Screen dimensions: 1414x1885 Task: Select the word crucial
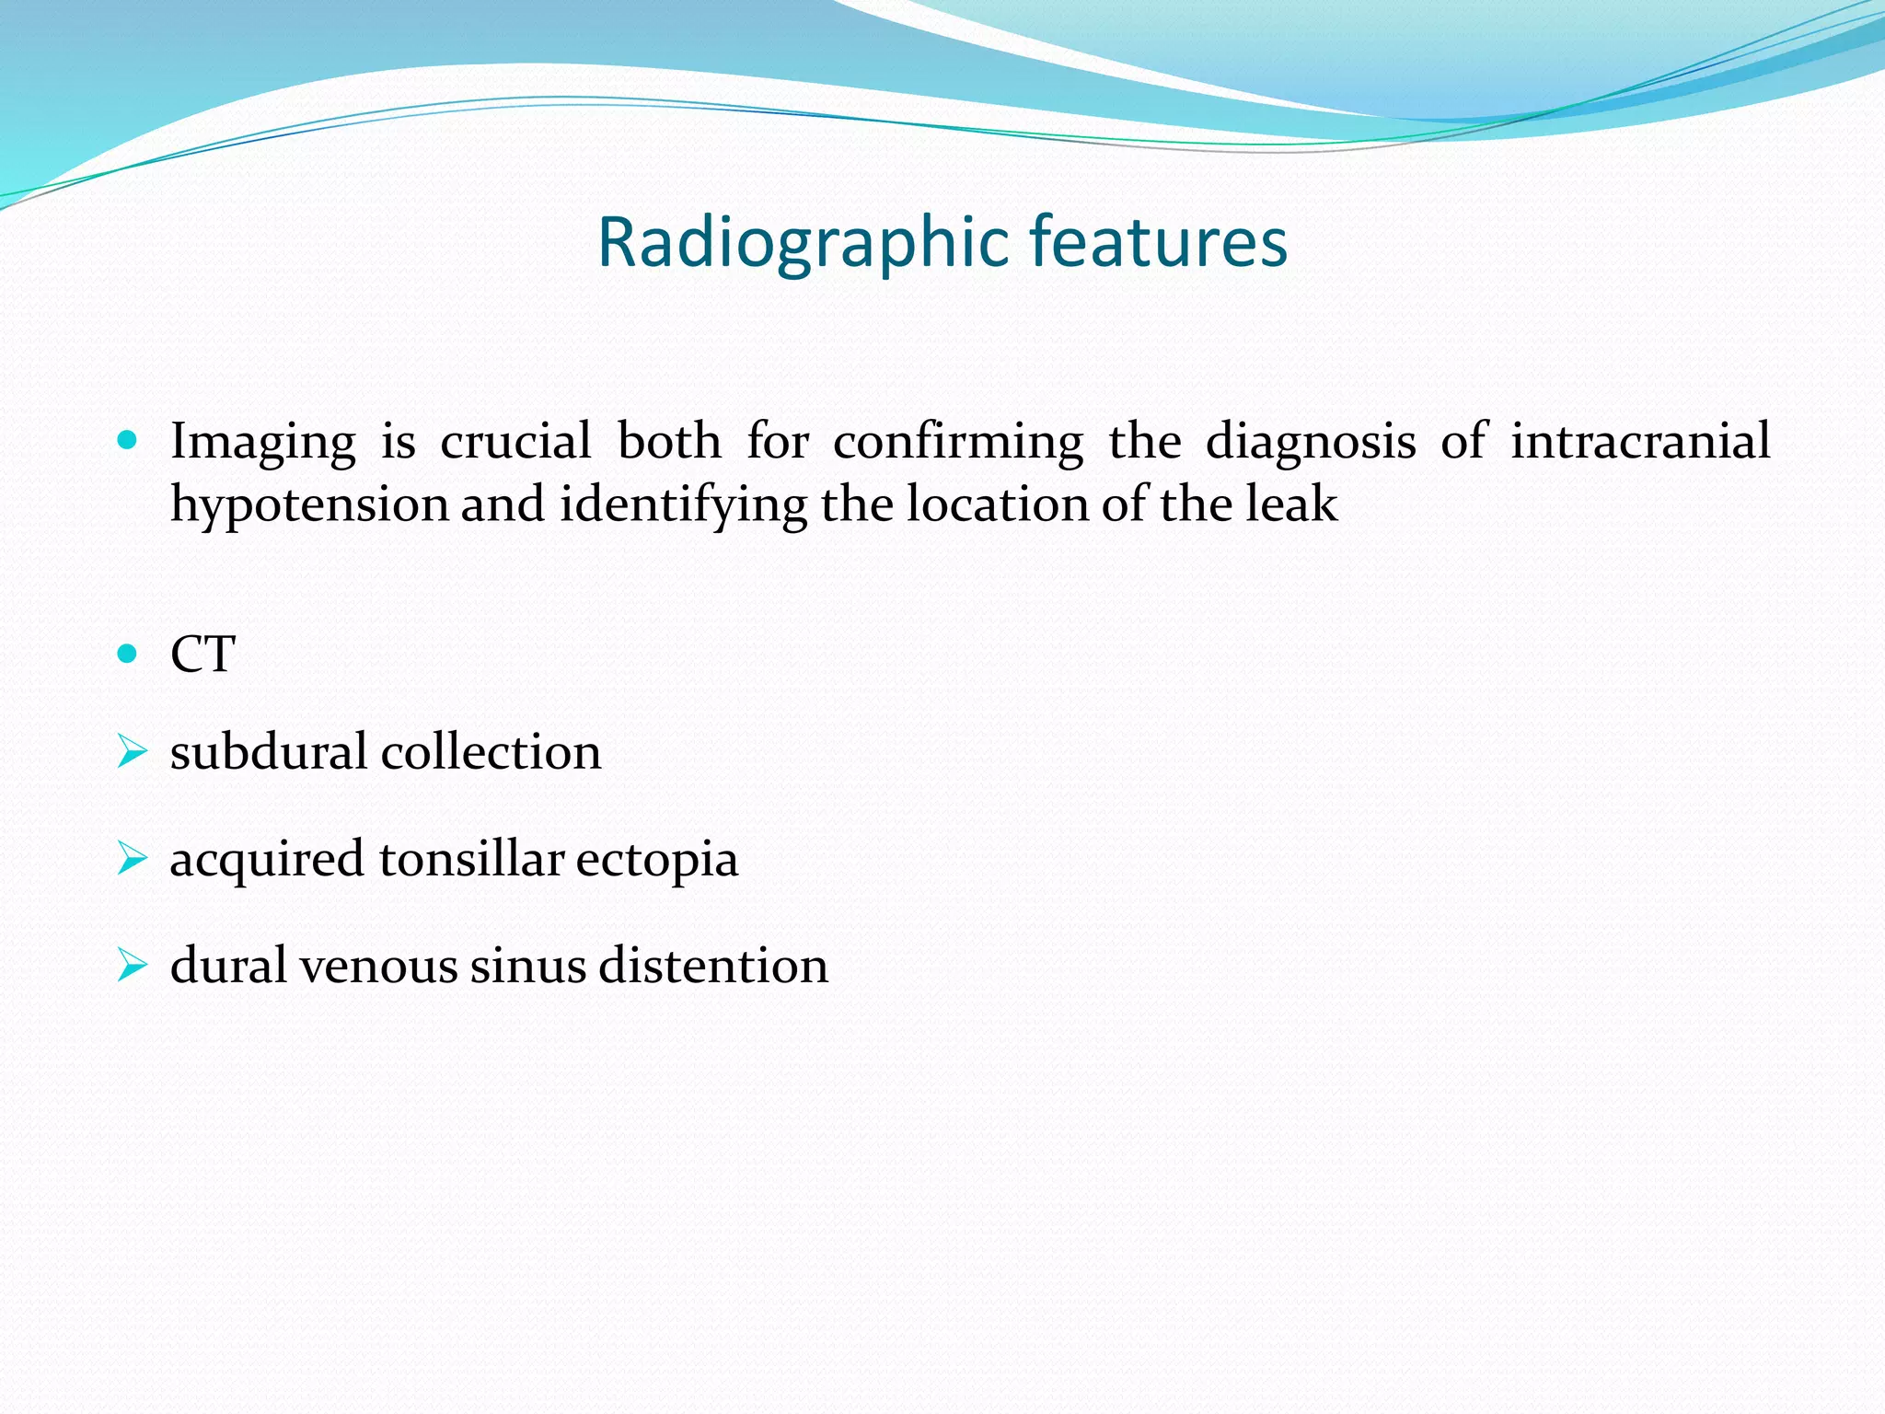tap(515, 441)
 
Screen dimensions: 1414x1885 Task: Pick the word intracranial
tap(1640, 441)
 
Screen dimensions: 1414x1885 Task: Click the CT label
tap(203, 655)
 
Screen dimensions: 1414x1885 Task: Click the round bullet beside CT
tap(128, 655)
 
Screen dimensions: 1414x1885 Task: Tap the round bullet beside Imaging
tap(128, 441)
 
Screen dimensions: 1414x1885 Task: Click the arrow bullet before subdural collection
tap(132, 753)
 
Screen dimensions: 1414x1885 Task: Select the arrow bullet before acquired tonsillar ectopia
tap(132, 860)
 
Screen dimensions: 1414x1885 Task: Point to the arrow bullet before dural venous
tap(132, 967)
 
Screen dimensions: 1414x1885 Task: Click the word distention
tap(713, 966)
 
